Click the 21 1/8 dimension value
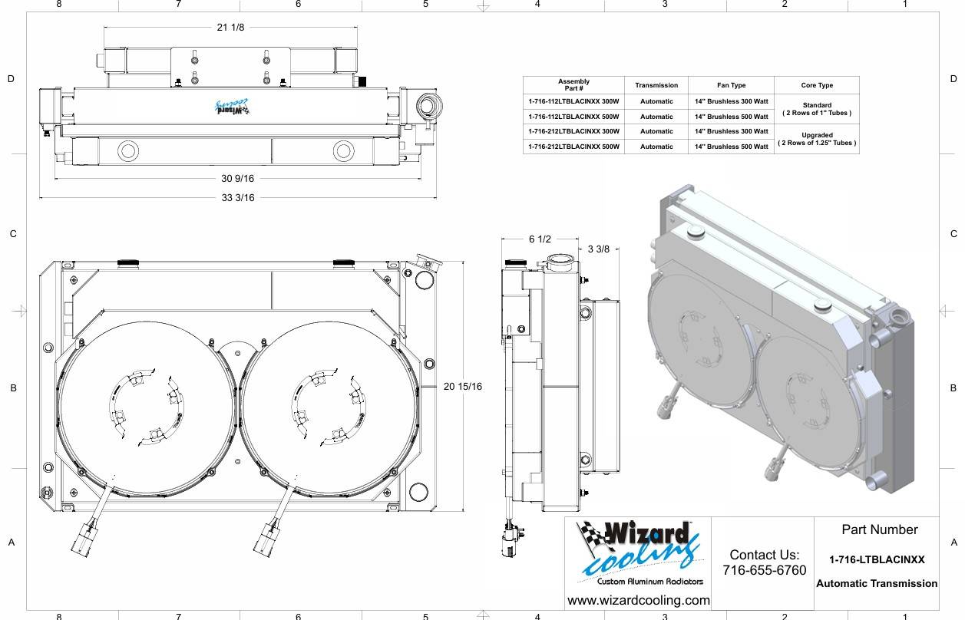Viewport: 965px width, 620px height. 231,28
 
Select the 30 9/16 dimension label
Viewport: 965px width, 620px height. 237,179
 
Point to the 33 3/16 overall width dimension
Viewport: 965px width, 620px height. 237,198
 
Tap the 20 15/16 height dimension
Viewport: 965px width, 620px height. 463,387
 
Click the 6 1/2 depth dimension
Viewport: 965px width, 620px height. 540,239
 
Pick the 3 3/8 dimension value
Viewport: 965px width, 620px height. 599,249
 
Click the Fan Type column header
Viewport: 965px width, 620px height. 730,85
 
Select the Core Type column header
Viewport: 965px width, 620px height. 816,85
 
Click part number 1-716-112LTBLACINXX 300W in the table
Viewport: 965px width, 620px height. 573,101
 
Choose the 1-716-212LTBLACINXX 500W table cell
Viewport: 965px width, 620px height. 573,147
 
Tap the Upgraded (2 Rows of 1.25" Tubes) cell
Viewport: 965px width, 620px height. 816,139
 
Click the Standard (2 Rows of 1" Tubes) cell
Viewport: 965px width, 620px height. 816,109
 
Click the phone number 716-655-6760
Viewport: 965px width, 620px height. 764,570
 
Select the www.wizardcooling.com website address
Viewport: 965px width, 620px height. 638,600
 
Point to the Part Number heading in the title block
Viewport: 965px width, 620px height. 879,529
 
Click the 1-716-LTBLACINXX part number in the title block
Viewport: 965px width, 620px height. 877,560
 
